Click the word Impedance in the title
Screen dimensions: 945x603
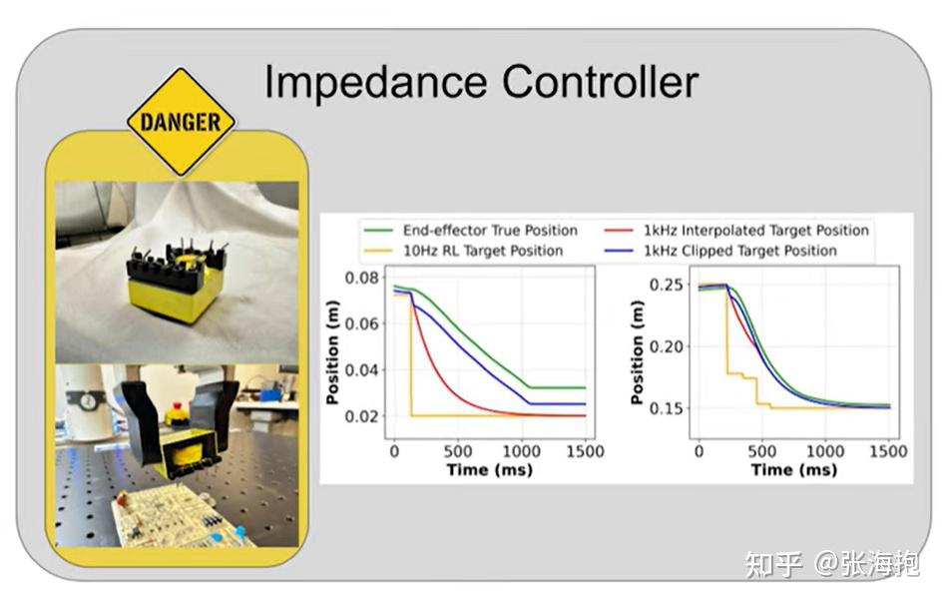pyautogui.click(x=376, y=84)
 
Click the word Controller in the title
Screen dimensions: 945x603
pyautogui.click(x=601, y=82)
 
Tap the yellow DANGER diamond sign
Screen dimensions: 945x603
pyautogui.click(x=182, y=122)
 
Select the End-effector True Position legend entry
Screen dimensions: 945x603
pyautogui.click(x=470, y=231)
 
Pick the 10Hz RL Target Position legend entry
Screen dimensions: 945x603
pyautogui.click(x=463, y=251)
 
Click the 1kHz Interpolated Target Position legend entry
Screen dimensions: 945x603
pyautogui.click(x=736, y=231)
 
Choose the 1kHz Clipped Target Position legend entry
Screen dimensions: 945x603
pyautogui.click(x=720, y=251)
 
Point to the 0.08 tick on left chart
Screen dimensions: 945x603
pyautogui.click(x=361, y=278)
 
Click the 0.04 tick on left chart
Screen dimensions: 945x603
pyautogui.click(x=361, y=369)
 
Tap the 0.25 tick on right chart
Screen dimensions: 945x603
pyautogui.click(x=666, y=284)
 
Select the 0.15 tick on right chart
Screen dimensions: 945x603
pyautogui.click(x=666, y=408)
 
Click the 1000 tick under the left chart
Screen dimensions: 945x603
pyautogui.click(x=521, y=451)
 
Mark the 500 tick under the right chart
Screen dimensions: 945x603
pyautogui.click(x=761, y=451)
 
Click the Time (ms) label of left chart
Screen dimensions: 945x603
pyautogui.click(x=489, y=470)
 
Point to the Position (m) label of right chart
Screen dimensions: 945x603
pyautogui.click(x=637, y=352)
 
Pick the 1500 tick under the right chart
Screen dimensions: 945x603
pyautogui.click(x=888, y=451)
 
